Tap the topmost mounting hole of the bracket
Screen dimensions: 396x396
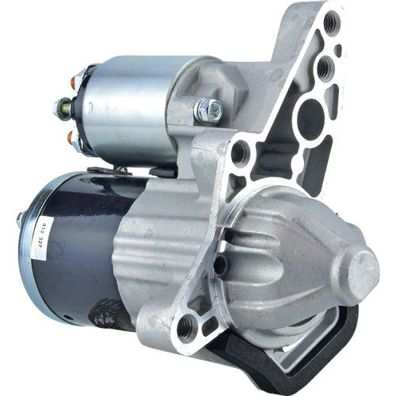(330, 22)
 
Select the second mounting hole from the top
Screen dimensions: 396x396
(324, 69)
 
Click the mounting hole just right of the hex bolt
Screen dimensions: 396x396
(239, 151)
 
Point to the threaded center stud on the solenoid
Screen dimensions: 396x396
(64, 107)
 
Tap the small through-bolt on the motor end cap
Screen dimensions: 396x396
(18, 218)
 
